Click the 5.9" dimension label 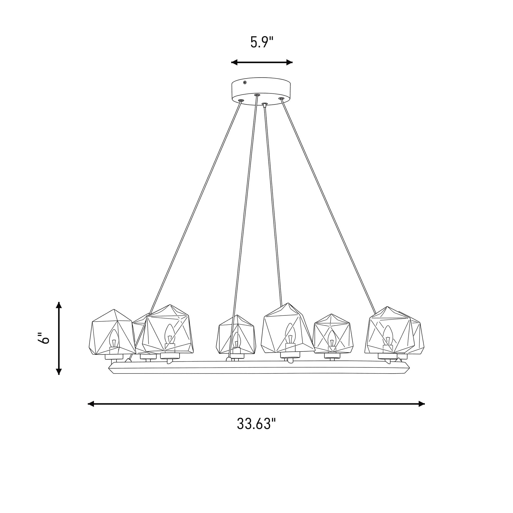coord(262,42)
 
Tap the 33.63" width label coord(257,424)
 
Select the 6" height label coord(44,338)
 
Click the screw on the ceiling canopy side coord(245,83)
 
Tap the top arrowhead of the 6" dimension coord(59,305)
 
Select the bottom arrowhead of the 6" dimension coord(59,371)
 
